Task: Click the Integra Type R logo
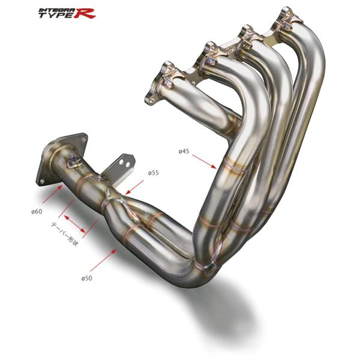click(67, 13)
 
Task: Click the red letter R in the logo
click(86, 13)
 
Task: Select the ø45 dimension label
click(184, 151)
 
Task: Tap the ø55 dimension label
click(153, 173)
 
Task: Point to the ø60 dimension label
click(37, 211)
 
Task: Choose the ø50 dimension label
click(86, 278)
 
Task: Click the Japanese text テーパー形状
click(64, 234)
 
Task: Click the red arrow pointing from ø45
click(205, 161)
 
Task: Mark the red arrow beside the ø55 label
click(134, 187)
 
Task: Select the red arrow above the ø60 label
click(52, 194)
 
